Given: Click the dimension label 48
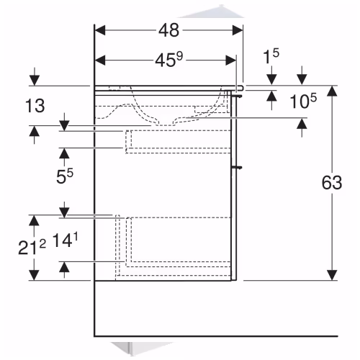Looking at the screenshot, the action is tap(168, 30).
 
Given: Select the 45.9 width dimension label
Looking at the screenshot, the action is tap(169, 60).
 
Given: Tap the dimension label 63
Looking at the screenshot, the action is tap(332, 182).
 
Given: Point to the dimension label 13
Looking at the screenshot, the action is tap(35, 106).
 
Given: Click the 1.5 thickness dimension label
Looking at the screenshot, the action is tap(271, 56).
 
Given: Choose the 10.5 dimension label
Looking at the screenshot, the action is tap(303, 101).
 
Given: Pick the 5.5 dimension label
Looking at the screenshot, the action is tap(65, 176).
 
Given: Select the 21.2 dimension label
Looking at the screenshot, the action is tap(32, 248).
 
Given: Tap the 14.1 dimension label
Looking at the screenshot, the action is tap(65, 240).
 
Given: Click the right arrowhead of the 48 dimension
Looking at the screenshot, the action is tap(238, 30).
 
